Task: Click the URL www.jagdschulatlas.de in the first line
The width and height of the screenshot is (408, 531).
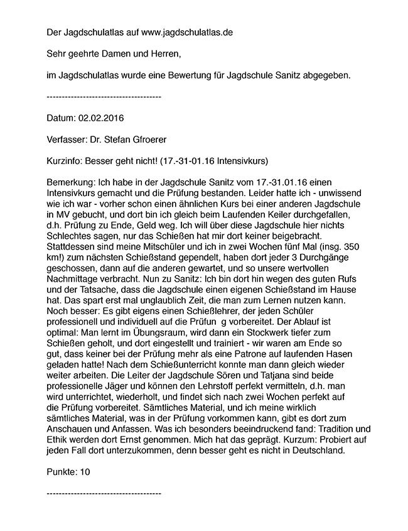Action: click(187, 31)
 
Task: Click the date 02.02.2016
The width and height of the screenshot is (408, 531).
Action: click(102, 118)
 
